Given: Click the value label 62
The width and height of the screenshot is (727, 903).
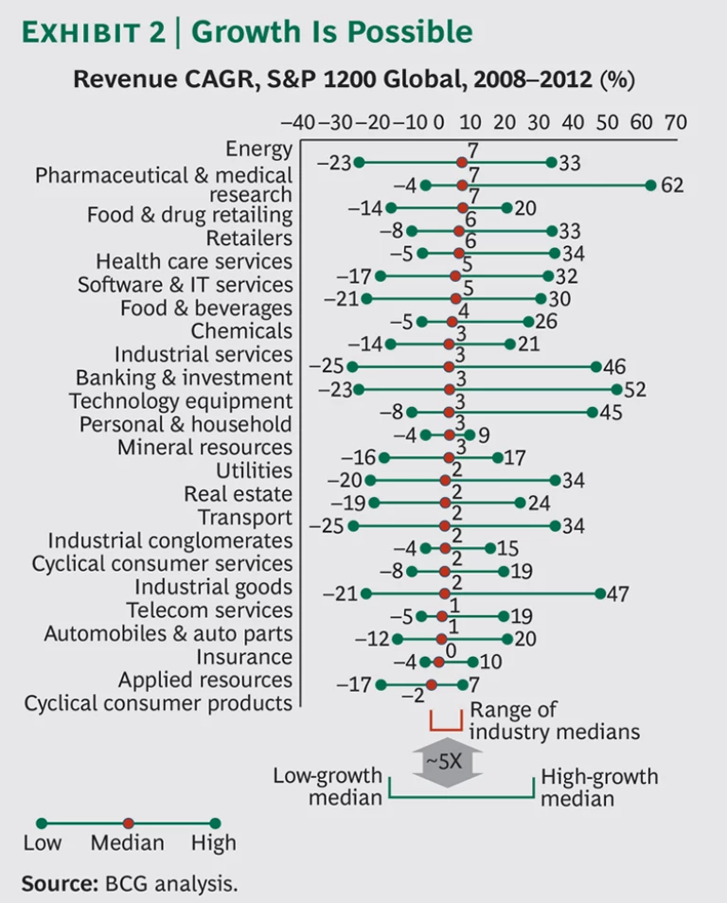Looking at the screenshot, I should click(672, 185).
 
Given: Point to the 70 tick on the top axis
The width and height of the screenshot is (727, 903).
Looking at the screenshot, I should click(676, 123).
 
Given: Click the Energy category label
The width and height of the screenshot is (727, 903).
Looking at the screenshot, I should click(258, 149).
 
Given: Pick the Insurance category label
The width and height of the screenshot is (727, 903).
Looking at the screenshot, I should click(244, 657).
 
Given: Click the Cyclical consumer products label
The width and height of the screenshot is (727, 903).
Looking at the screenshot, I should click(158, 703).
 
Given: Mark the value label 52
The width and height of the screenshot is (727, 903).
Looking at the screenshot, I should click(640, 389).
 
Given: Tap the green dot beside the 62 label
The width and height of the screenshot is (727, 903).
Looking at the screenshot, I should click(650, 185).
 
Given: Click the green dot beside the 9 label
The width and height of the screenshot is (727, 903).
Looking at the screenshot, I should click(470, 434).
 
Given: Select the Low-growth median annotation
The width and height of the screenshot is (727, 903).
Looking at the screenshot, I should click(328, 787).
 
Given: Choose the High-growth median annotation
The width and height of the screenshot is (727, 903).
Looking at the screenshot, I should click(599, 788).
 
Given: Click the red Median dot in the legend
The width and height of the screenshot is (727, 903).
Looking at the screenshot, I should click(128, 823).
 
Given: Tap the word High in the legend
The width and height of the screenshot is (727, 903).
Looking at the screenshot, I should click(214, 843).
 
